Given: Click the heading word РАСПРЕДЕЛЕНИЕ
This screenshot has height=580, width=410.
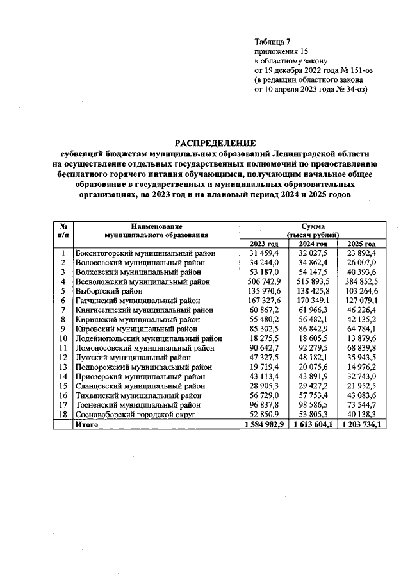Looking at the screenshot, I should (x=215, y=143).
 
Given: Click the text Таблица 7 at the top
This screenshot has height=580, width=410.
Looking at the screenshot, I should (x=273, y=42).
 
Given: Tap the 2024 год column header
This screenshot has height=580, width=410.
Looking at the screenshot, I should (x=314, y=244).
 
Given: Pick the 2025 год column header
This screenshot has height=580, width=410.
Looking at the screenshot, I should (x=361, y=244).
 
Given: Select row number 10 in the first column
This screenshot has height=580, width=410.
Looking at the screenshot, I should (x=63, y=338).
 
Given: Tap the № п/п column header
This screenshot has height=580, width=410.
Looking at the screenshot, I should (x=63, y=231).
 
